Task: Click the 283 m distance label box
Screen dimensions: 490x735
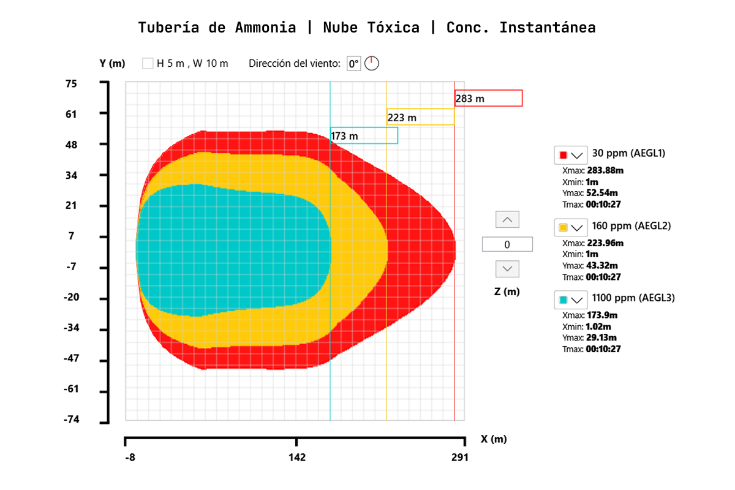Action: pos(488,98)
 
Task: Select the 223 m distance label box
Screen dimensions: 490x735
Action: pos(420,117)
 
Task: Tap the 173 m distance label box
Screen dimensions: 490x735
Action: pos(364,135)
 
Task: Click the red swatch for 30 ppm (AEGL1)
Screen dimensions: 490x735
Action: pos(563,154)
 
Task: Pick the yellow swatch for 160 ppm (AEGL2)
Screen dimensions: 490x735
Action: pos(563,227)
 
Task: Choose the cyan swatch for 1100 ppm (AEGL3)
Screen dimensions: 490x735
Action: pos(563,300)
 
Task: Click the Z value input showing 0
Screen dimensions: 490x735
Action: pos(507,244)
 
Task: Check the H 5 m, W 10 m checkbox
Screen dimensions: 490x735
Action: pos(148,63)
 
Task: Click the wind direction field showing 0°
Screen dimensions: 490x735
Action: pos(353,63)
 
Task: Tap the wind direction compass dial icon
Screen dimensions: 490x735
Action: pos(372,63)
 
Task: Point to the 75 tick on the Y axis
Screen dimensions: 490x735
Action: pos(72,83)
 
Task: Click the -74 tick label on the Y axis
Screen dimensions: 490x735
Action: pos(72,420)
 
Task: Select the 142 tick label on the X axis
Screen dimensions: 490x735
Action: pos(297,458)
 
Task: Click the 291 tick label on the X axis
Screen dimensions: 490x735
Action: pos(459,458)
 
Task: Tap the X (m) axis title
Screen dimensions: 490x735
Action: pos(494,439)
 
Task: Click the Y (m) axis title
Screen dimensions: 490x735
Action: pos(112,63)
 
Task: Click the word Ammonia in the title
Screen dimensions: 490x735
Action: pos(265,28)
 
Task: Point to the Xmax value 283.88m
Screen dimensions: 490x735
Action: pos(605,170)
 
